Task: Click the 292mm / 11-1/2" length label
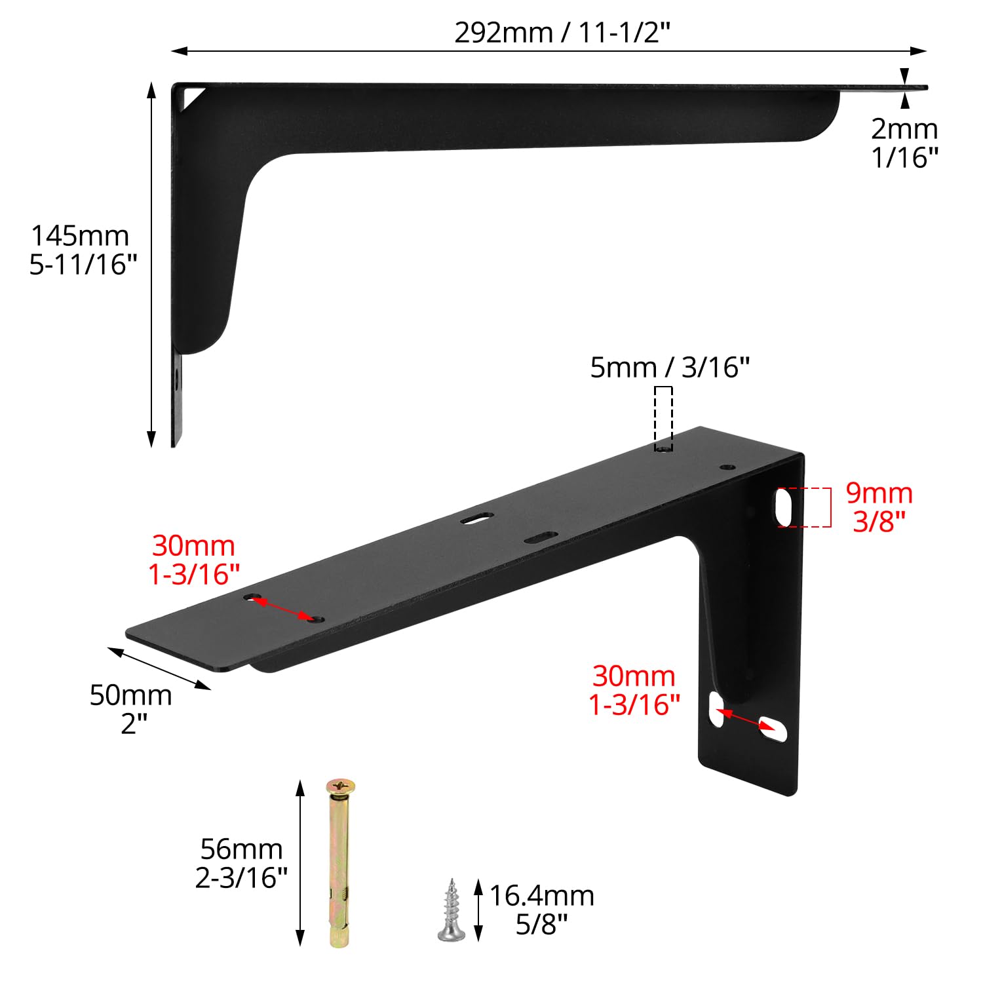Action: [562, 33]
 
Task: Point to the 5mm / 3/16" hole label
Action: [670, 368]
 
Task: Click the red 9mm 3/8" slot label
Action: [879, 507]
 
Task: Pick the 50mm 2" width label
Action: [131, 709]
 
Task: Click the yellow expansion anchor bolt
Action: [340, 863]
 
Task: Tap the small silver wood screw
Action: [451, 910]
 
